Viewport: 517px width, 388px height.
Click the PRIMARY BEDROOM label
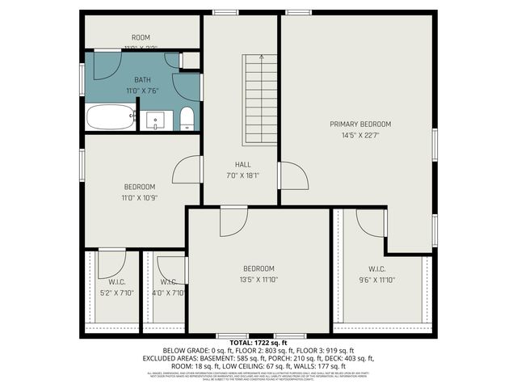[360, 124]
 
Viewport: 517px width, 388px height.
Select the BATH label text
[142, 80]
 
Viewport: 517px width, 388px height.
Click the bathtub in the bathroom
[111, 119]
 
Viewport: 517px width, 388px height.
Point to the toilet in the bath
[187, 119]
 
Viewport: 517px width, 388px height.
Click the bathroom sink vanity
[156, 120]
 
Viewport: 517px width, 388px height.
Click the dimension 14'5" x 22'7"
[360, 136]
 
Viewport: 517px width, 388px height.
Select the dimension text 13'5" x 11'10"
[258, 280]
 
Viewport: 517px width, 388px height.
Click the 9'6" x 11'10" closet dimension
[376, 280]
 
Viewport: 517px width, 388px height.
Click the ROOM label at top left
[141, 38]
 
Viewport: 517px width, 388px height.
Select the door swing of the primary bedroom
[292, 176]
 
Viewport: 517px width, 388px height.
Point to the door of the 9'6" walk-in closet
[371, 223]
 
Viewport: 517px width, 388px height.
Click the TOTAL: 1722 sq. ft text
[258, 344]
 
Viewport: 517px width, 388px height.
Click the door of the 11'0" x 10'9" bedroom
[186, 170]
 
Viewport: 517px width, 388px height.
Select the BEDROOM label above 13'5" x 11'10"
[258, 268]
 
